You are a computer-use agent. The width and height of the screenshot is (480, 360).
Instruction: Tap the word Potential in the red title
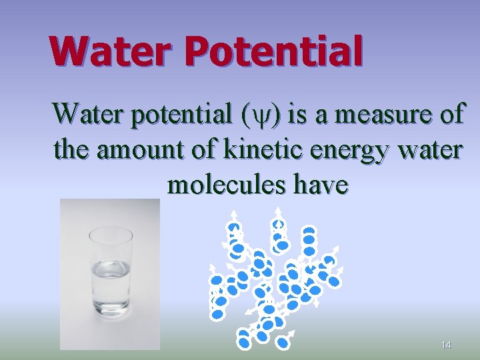(275, 53)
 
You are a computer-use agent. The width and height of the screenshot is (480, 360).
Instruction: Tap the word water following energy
(427, 150)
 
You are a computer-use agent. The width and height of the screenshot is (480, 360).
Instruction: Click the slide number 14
(446, 345)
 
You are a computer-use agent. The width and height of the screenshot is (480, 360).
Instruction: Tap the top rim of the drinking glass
(111, 231)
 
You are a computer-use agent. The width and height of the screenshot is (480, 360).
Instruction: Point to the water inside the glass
(110, 280)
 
